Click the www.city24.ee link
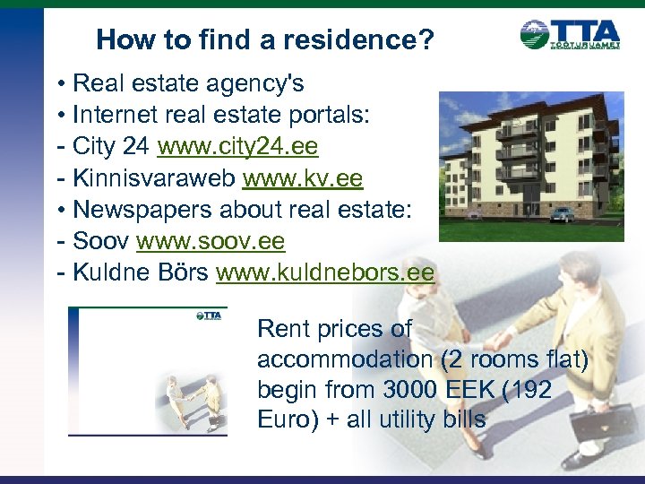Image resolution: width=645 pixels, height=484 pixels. point(237,146)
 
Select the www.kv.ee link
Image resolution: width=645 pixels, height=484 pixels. point(303,178)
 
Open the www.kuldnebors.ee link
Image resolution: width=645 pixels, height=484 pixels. point(324,273)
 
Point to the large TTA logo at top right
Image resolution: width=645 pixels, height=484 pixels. point(570,36)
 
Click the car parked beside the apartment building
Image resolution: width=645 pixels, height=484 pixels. point(561,214)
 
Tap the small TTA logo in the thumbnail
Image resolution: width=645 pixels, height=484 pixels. point(209,315)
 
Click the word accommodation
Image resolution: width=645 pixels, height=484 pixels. point(344,359)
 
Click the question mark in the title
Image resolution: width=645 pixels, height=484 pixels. point(426,39)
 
